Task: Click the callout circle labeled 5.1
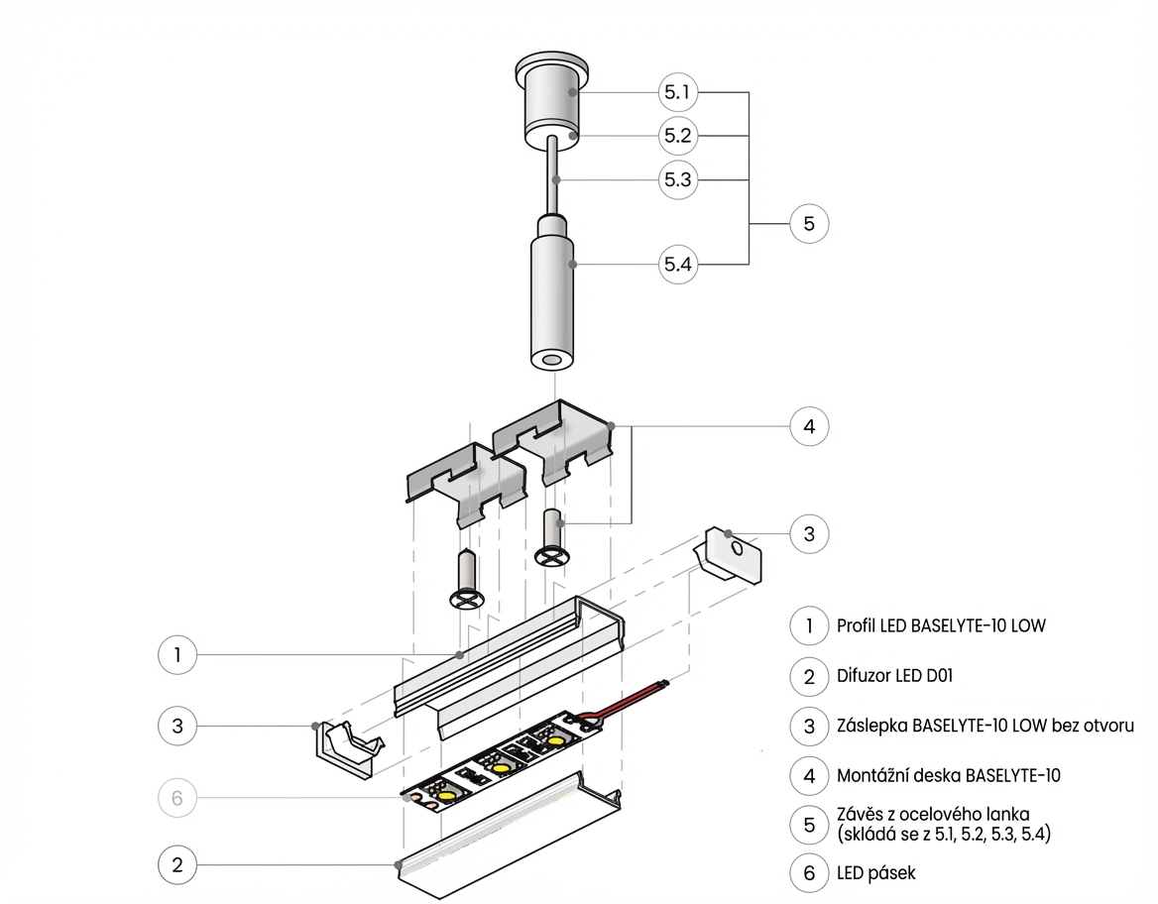[x=678, y=93]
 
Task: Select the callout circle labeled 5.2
[x=678, y=136]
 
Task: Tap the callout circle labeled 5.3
[x=678, y=179]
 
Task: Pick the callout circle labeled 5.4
[x=678, y=265]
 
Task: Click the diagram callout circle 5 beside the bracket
[x=809, y=224]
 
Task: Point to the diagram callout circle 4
[x=809, y=427]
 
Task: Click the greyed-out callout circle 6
[x=177, y=797]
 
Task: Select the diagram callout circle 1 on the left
[x=177, y=654]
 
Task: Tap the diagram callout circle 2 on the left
[x=177, y=864]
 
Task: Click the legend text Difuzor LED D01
[x=895, y=677]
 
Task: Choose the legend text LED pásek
[x=876, y=873]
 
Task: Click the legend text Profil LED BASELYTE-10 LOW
[x=941, y=625]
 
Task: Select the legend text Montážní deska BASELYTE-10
[x=949, y=775]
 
